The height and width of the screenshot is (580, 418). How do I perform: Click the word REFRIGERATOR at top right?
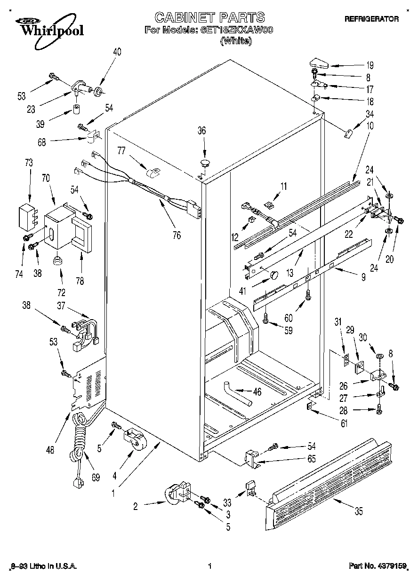click(x=371, y=19)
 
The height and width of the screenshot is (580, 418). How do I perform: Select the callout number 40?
click(x=117, y=52)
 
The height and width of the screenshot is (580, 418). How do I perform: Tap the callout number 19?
click(x=370, y=65)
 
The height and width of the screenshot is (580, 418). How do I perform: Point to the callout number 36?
click(x=201, y=131)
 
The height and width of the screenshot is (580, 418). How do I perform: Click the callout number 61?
click(x=344, y=424)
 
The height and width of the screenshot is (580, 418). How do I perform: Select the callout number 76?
click(x=177, y=236)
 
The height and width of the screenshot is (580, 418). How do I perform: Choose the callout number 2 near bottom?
click(x=136, y=506)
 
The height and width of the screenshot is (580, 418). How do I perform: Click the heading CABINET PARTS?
click(x=209, y=18)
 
